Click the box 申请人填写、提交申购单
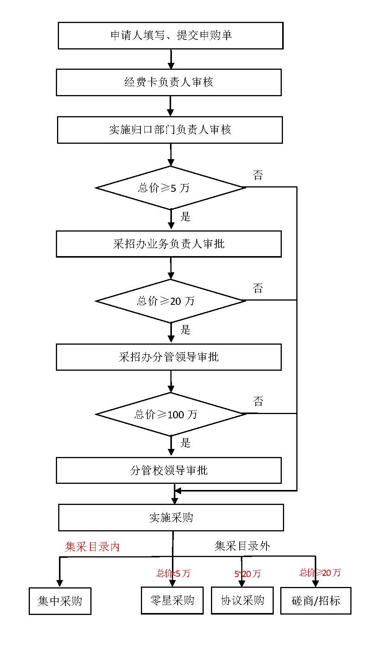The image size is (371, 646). [x=170, y=36]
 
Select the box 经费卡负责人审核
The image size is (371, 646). [x=169, y=82]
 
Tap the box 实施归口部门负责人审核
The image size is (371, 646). [x=170, y=130]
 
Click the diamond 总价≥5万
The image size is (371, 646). [x=170, y=188]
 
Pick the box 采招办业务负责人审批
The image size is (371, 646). [x=169, y=244]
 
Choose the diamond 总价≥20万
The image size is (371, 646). [x=170, y=301]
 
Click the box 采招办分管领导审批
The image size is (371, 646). [x=169, y=357]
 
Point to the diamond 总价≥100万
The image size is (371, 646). [x=170, y=414]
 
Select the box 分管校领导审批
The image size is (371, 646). [x=169, y=470]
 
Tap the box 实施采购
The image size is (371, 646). [x=171, y=518]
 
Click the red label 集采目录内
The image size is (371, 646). [x=92, y=547]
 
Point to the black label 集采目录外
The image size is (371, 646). [x=242, y=546]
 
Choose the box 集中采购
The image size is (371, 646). [x=60, y=601]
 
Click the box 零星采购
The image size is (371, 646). [x=172, y=600]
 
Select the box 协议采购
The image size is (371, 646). [x=242, y=600]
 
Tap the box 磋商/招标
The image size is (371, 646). [x=316, y=600]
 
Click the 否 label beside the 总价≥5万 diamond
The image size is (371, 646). [x=258, y=176]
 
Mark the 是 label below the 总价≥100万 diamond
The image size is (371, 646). [x=185, y=443]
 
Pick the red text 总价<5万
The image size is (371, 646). [x=173, y=573]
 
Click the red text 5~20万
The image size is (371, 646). [x=247, y=574]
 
